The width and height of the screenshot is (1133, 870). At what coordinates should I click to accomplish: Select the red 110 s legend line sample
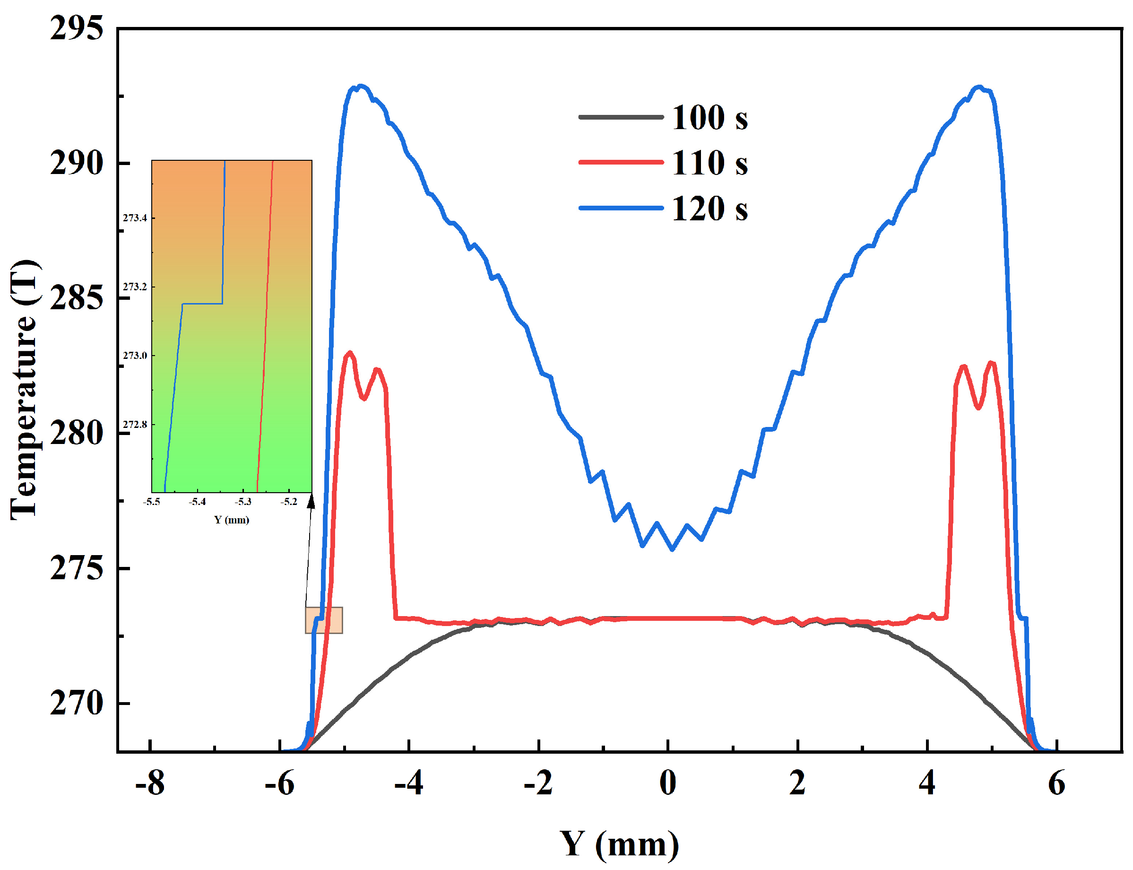pos(621,162)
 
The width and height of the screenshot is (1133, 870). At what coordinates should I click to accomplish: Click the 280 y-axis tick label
pos(77,433)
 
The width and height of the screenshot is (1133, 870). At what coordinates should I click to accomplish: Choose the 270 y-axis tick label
pos(77,703)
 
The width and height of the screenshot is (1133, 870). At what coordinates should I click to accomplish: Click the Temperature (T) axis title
pos(24,390)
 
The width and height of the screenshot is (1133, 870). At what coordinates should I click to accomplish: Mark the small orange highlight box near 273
pos(323,620)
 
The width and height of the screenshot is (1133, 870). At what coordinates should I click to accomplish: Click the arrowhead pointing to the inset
pos(311,501)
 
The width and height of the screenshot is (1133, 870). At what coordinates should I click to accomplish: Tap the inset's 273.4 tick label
pos(135,218)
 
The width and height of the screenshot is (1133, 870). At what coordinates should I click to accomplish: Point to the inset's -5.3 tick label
pos(243,502)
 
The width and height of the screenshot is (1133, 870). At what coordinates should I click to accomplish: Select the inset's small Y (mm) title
pos(231,520)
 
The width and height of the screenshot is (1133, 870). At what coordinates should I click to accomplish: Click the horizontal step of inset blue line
pos(202,304)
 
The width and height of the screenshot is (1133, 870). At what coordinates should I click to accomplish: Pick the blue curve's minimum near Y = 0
pos(672,549)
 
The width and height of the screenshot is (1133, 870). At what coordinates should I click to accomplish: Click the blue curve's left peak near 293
pos(360,86)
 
